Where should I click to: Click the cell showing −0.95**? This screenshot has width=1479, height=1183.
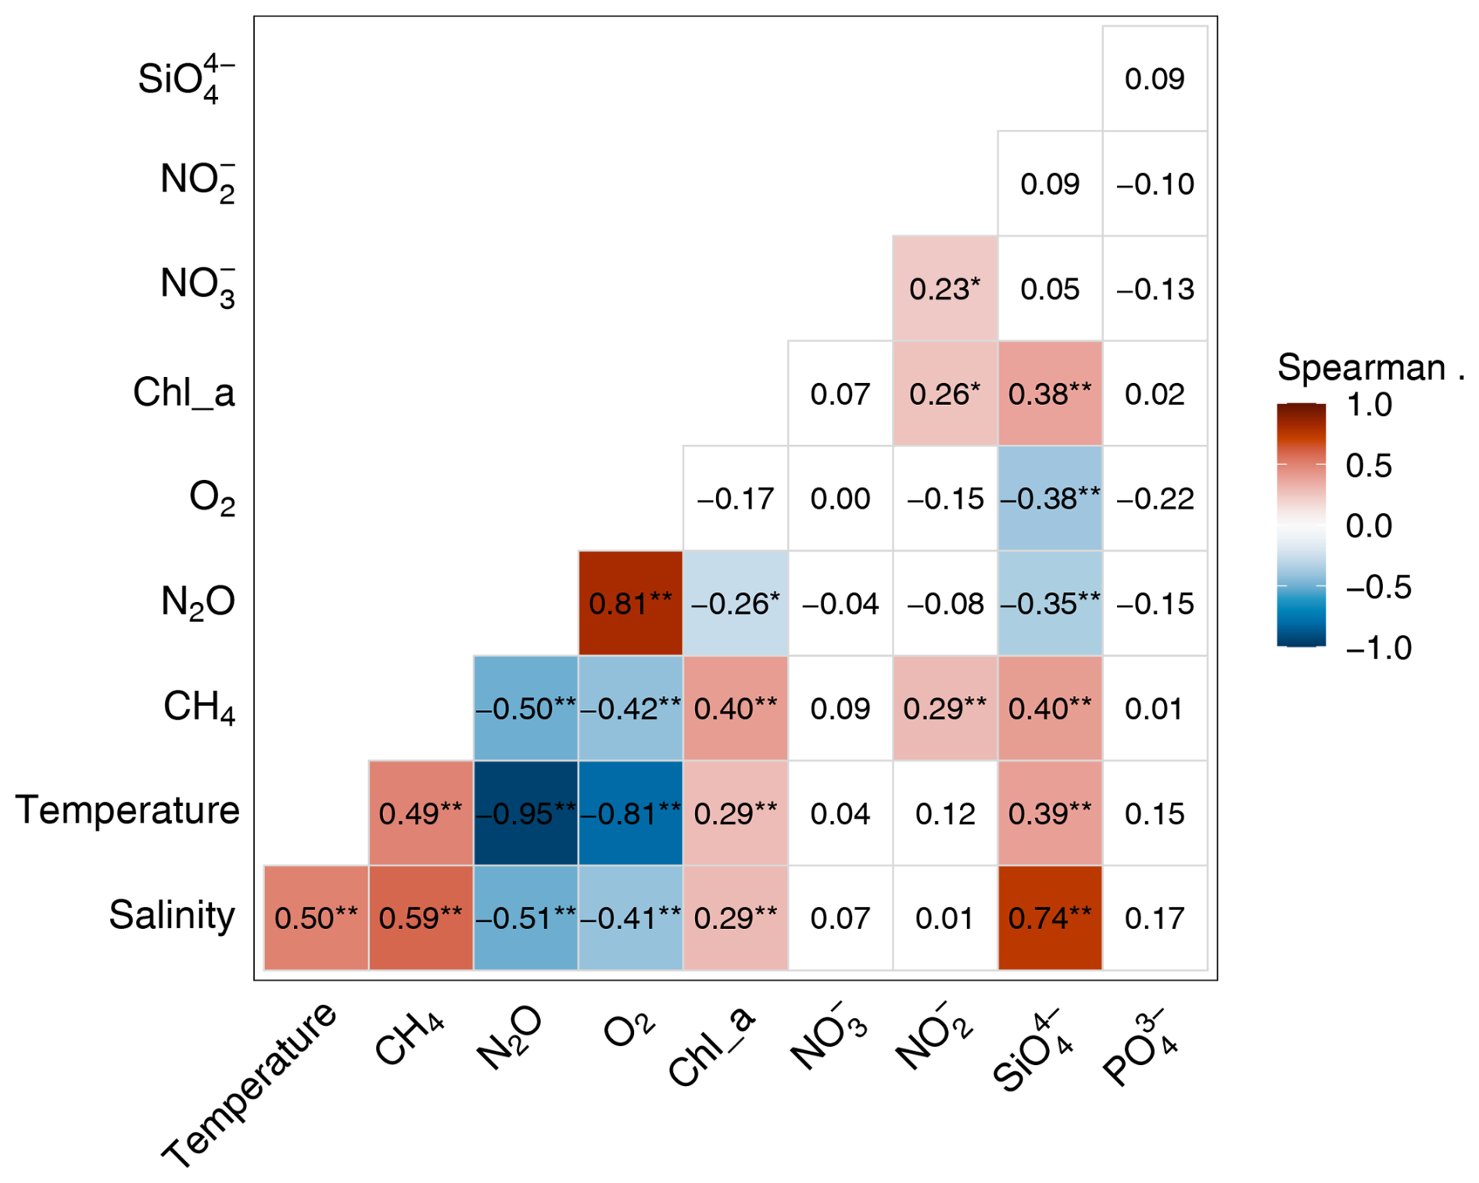click(x=525, y=813)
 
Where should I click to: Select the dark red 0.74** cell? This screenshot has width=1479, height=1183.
click(x=1050, y=918)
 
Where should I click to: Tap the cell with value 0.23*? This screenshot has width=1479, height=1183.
click(x=945, y=289)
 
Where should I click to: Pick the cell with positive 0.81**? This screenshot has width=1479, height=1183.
click(x=631, y=603)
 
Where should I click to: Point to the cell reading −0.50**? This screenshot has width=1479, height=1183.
click(x=525, y=708)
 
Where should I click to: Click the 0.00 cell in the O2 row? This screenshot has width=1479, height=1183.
click(x=840, y=498)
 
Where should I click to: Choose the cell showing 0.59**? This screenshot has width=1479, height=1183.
click(x=421, y=918)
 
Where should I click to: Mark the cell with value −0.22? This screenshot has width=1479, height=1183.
click(x=1155, y=498)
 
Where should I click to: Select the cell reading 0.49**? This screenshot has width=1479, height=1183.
click(x=421, y=813)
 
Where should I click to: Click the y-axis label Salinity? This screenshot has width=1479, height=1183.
click(x=172, y=915)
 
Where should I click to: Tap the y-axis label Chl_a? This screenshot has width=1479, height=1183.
click(x=184, y=392)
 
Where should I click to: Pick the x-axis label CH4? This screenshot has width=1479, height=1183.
click(x=410, y=1037)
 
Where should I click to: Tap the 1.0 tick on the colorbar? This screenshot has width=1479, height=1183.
click(x=1369, y=405)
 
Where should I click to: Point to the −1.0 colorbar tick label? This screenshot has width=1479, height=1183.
click(x=1378, y=648)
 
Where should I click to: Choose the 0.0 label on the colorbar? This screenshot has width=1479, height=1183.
click(x=1369, y=526)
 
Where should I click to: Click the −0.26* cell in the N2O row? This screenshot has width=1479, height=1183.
click(x=736, y=603)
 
